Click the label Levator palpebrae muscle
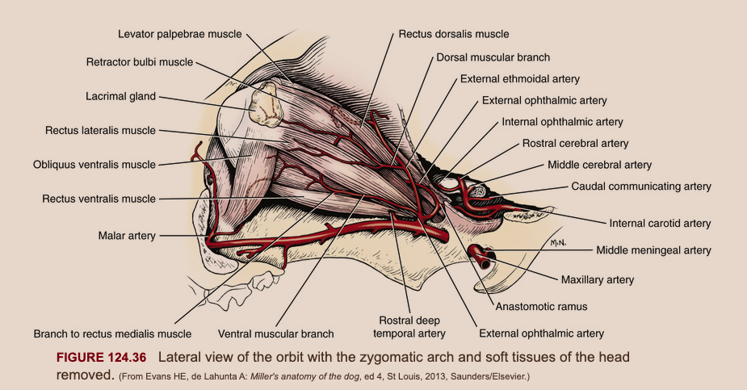coord(180,35)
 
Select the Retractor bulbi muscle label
coord(140,62)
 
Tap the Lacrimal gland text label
coord(121,96)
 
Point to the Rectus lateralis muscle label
coord(100,130)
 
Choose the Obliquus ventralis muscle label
coord(94,165)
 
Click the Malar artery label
coord(127,236)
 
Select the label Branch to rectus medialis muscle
coord(112,333)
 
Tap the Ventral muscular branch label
coord(275,333)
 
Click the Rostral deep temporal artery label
coord(411,325)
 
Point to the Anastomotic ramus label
coord(541,307)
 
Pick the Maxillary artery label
coord(598,280)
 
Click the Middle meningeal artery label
coord(653,250)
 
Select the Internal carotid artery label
coord(660,223)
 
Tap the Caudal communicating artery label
coord(641,187)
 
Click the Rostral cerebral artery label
coord(575,144)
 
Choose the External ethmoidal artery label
coord(520,79)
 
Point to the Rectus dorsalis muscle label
coord(454,35)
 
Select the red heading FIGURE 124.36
coord(103,357)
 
